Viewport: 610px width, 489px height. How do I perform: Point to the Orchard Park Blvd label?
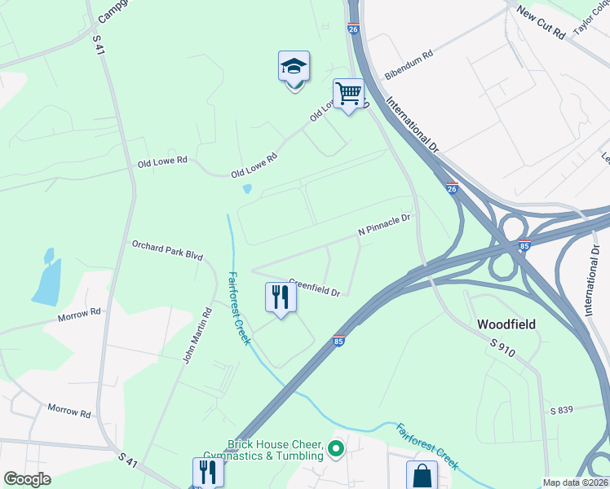[167, 249]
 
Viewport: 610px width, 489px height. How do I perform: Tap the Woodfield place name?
[506, 324]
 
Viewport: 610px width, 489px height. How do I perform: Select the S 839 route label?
[564, 409]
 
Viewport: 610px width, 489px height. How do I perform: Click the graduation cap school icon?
[294, 67]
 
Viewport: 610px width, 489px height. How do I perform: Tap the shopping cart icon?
[348, 93]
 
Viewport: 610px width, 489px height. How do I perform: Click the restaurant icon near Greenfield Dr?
[280, 297]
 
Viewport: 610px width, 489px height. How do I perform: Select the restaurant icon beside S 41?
[208, 472]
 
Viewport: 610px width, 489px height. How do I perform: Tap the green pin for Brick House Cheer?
[335, 447]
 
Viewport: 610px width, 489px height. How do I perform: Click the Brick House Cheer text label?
[276, 448]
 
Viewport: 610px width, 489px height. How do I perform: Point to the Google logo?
[27, 479]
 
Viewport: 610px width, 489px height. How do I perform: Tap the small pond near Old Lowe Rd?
[247, 189]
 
